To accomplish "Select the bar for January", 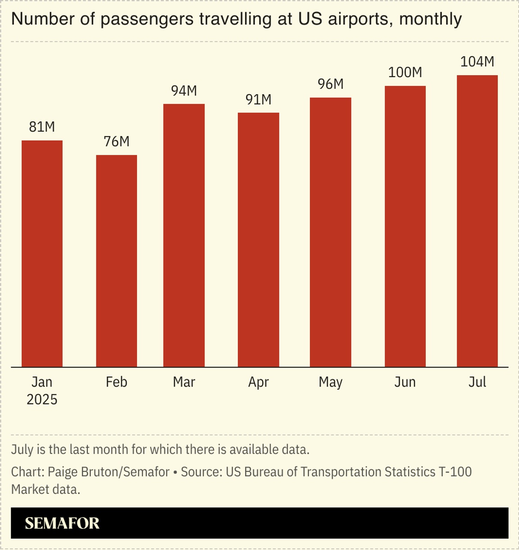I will coord(42,254).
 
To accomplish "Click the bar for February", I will coord(116,261).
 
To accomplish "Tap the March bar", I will coord(184,236).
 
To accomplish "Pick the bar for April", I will coord(258,240).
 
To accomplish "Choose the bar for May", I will coord(330,232).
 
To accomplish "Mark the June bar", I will coord(405,226).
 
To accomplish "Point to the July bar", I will coord(477,221).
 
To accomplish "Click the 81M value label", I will coord(42,127).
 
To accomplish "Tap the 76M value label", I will coord(116,141).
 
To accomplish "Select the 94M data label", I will coord(184,91).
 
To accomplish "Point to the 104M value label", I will coord(477,62).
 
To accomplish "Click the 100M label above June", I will coord(405,72).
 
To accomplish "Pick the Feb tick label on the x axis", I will coord(116,382).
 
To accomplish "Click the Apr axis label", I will coord(258,382).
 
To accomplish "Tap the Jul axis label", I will coord(477,382).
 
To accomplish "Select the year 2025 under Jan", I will coord(42,400).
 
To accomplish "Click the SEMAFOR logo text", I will coord(62,523).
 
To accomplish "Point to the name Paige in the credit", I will coord(62,472).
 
